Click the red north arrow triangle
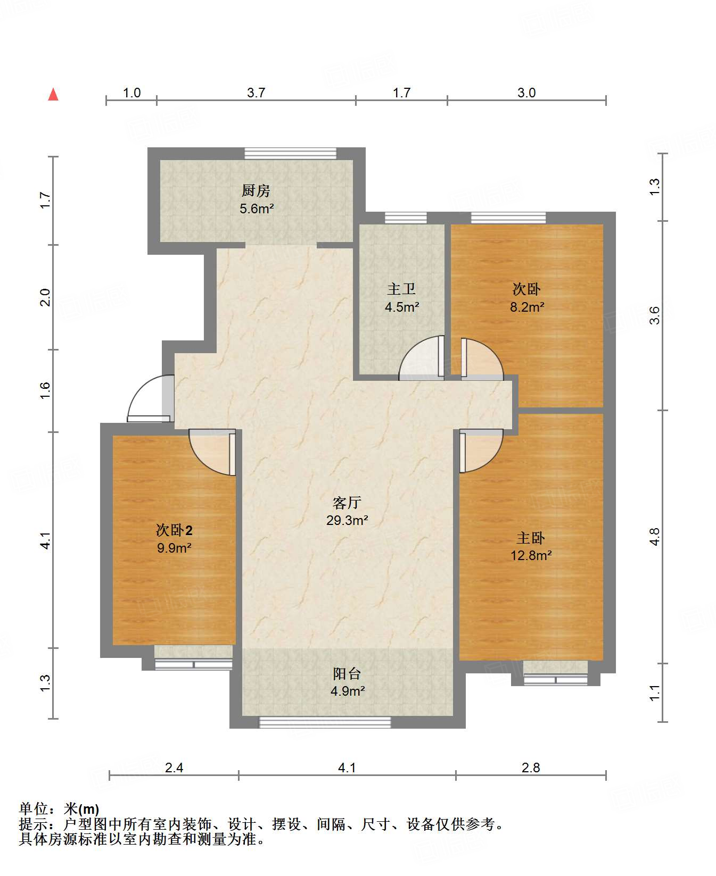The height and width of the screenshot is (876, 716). click(53, 95)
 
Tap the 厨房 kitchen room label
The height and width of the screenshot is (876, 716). click(256, 190)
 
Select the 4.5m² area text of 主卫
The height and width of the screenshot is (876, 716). click(402, 307)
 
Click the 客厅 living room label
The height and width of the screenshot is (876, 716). click(347, 502)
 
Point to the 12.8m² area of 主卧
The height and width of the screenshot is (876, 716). click(531, 556)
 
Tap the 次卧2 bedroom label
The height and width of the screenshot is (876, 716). click(174, 530)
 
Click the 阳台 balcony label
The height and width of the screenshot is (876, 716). click(347, 673)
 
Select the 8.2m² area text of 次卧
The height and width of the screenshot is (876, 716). click(527, 307)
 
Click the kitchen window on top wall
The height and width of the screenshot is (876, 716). click(291, 154)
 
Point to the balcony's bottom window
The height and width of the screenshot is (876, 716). click(325, 722)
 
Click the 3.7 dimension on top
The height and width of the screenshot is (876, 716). click(256, 93)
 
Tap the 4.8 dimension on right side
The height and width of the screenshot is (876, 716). click(655, 536)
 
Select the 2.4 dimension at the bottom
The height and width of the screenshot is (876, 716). click(174, 767)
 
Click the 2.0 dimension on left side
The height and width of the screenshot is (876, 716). click(45, 297)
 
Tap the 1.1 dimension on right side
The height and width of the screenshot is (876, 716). click(655, 693)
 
